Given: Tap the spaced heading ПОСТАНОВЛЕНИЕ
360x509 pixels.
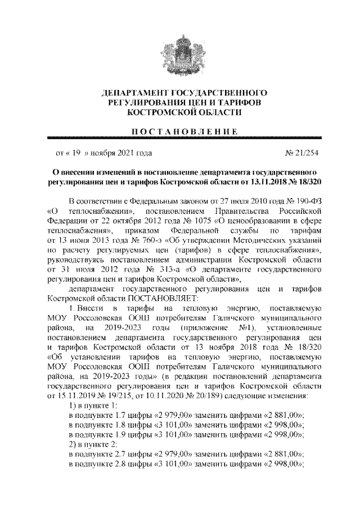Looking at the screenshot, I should [180, 131].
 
